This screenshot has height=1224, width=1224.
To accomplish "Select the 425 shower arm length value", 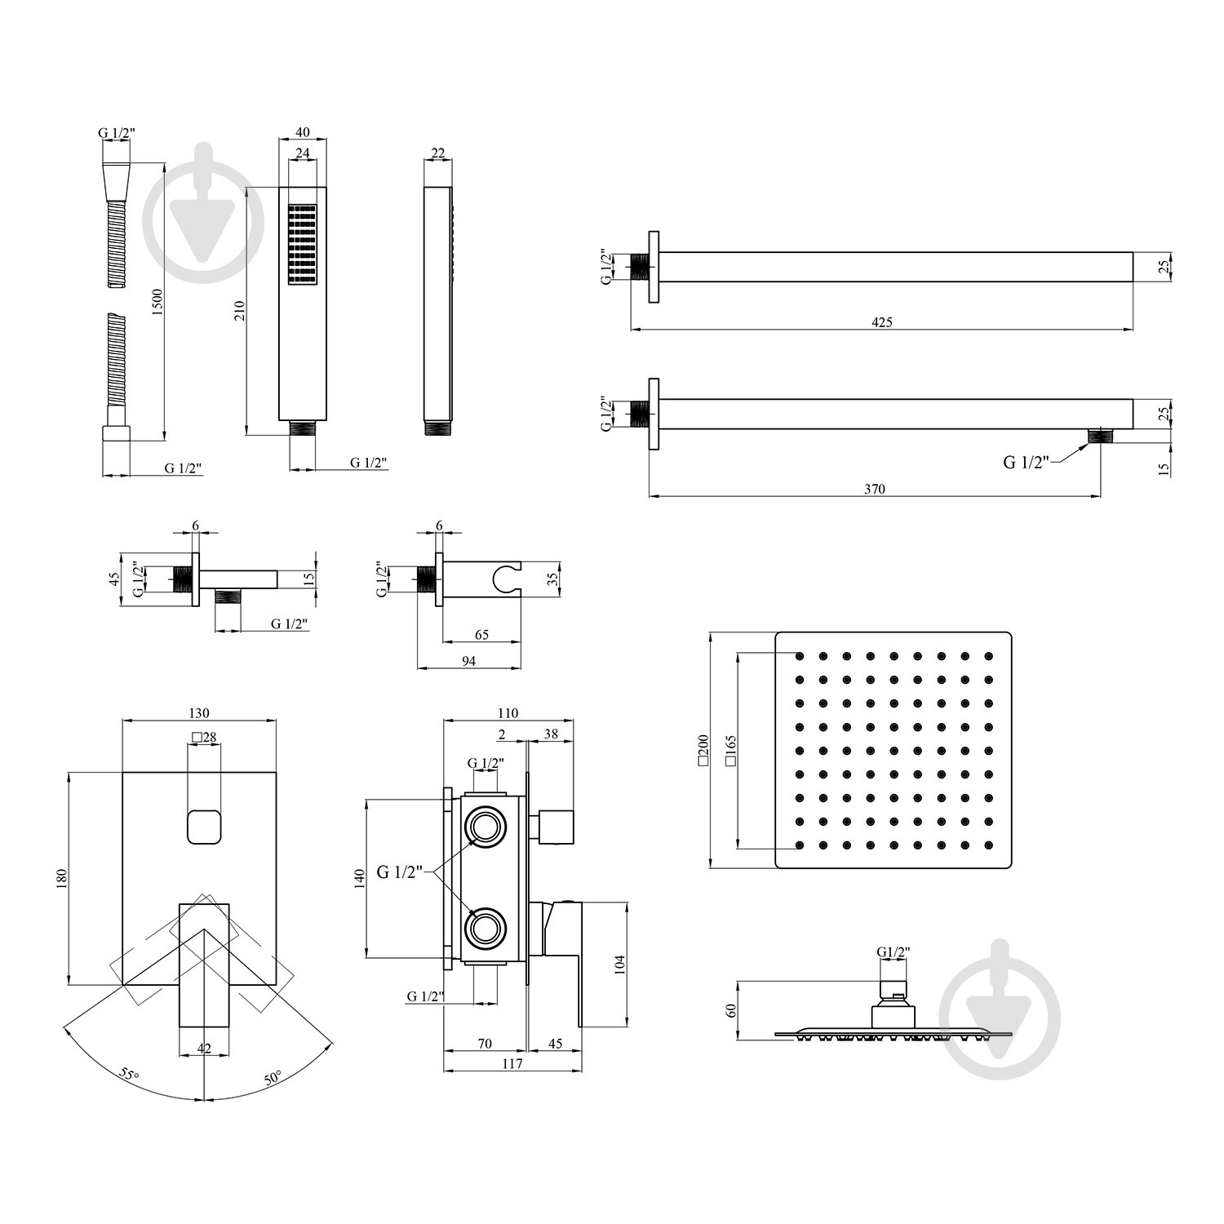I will click(x=882, y=322).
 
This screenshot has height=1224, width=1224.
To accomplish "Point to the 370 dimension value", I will click(x=874, y=490).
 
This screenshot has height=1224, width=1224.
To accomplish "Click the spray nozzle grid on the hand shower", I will click(x=302, y=244).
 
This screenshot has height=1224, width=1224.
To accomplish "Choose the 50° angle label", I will click(x=273, y=1077).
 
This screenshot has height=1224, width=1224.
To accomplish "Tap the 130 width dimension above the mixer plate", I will click(x=198, y=712).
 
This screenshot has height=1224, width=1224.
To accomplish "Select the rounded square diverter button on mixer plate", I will click(x=204, y=827).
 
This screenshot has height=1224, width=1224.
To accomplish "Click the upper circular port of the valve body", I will click(x=486, y=827).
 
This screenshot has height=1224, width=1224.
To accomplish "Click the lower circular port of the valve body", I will click(x=486, y=929).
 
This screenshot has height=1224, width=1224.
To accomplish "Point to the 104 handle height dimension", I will click(x=619, y=965).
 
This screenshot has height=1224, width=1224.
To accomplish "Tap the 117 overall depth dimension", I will click(x=512, y=1064).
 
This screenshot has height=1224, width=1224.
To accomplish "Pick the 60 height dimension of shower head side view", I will click(x=731, y=1009).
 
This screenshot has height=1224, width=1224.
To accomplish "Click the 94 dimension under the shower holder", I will click(x=468, y=662).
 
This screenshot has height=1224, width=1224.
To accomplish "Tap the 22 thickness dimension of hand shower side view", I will click(x=437, y=153).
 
